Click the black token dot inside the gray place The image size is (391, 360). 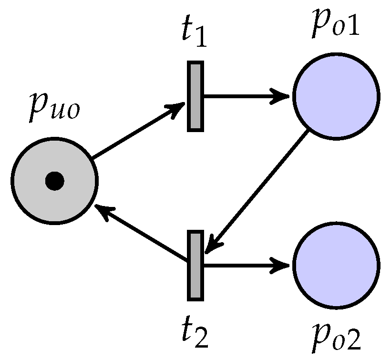[x=54, y=181]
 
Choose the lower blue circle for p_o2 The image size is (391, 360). [x=336, y=265]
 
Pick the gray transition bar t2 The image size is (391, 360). [x=195, y=265]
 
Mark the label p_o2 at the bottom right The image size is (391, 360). [x=336, y=337]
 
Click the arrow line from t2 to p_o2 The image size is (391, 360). [x=243, y=265]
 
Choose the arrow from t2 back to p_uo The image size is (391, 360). [x=143, y=234]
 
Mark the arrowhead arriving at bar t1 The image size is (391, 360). [x=177, y=108]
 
